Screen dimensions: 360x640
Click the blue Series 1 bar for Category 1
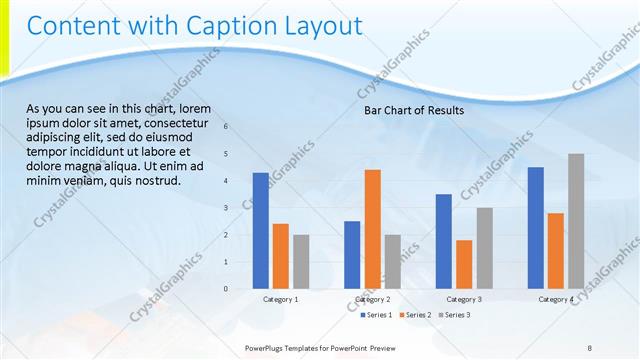[260, 231]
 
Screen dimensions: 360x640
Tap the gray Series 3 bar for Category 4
[576, 221]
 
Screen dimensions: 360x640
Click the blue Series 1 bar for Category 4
[536, 228]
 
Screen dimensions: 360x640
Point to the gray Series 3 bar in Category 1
[301, 262]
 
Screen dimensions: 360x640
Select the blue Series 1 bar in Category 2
[352, 255]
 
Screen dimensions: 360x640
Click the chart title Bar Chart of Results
[413, 111]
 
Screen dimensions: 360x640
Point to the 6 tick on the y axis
[226, 127]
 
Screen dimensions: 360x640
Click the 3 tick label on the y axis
[226, 208]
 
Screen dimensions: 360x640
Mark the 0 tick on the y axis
[226, 289]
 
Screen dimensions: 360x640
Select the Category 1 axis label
[280, 299]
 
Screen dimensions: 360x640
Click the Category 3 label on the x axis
[464, 299]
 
